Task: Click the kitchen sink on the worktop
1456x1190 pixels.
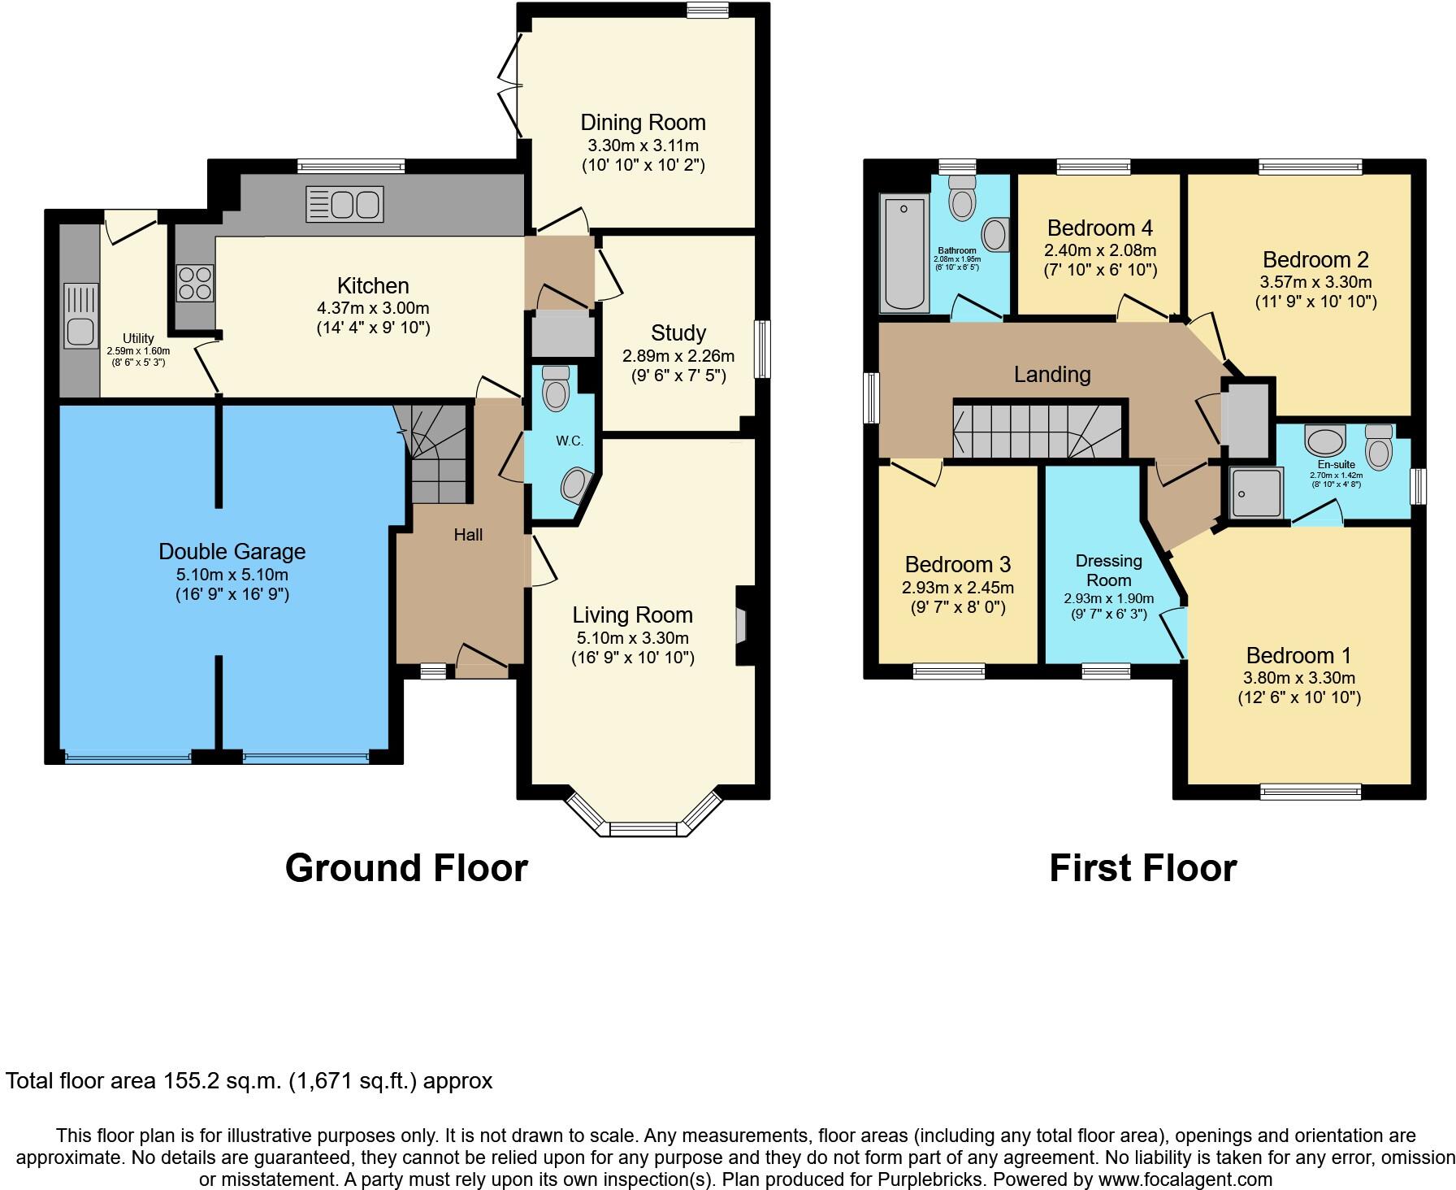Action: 344,203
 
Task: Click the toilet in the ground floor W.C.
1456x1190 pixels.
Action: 557,388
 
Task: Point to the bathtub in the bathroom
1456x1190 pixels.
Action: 906,253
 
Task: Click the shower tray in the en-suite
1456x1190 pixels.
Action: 1257,493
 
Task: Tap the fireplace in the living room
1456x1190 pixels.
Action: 741,626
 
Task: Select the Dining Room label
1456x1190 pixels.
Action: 643,123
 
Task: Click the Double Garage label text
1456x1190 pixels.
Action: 232,552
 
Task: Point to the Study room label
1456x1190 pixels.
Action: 678,332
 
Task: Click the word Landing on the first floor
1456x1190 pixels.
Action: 1051,375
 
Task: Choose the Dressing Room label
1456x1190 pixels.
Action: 1108,571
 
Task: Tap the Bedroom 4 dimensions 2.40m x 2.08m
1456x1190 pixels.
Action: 1099,250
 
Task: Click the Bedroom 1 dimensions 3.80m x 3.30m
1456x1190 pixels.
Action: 1298,678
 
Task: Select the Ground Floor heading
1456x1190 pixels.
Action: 406,868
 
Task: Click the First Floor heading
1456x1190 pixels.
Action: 1142,868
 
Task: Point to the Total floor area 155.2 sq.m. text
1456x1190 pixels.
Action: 249,1081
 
